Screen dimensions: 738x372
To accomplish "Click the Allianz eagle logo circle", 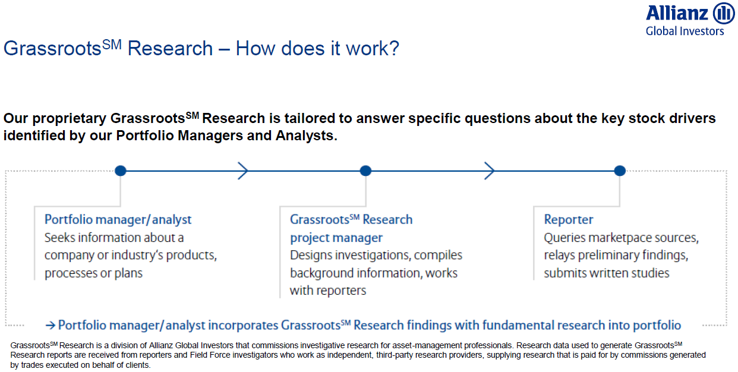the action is click(724, 13).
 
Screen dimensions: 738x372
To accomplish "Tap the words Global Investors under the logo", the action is click(685, 31).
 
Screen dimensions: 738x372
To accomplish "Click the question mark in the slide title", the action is click(394, 48).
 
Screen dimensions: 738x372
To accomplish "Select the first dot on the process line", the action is click(121, 171).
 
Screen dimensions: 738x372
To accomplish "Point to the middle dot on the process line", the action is click(365, 171).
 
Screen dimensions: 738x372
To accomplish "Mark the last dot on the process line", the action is click(620, 171).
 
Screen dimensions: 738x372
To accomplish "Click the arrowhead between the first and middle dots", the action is click(243, 171).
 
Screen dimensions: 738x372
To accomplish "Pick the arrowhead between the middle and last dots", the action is click(489, 171).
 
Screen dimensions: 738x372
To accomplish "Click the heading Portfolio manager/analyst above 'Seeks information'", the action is click(118, 220).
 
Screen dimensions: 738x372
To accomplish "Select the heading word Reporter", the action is click(569, 220).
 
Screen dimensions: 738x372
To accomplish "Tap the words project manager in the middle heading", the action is click(336, 238).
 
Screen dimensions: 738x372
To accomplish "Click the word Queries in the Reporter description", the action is click(560, 238).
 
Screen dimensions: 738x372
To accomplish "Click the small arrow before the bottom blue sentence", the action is click(50, 326).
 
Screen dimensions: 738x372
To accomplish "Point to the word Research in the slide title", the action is click(170, 49).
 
